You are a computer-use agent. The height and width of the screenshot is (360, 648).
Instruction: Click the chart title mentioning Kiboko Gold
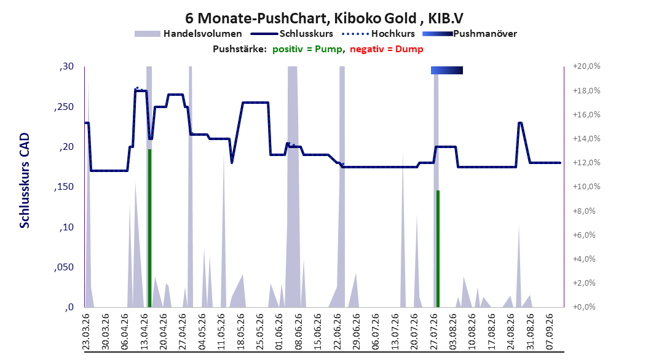tap(324, 18)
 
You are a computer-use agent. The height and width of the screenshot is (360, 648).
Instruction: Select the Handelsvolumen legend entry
tap(188, 34)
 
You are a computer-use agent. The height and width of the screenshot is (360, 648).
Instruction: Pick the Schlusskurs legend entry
tap(292, 34)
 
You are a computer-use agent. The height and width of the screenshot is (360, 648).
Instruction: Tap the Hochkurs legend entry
tap(378, 34)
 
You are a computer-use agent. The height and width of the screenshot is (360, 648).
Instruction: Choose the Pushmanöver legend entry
tap(470, 34)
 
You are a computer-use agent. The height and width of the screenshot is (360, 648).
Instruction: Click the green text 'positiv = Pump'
tap(307, 49)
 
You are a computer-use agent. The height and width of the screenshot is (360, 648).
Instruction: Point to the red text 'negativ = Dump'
tap(387, 49)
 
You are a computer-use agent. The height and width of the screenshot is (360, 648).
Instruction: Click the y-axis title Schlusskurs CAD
tap(25, 181)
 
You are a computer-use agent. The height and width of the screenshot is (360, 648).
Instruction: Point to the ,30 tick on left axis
tap(66, 66)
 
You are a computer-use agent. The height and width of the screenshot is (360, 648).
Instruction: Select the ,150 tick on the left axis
tap(64, 187)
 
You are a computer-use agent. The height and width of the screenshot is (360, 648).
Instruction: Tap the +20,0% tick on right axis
tap(587, 66)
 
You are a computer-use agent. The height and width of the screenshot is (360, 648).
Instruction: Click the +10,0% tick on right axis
tap(587, 187)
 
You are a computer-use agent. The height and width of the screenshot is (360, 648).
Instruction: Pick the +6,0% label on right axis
tap(584, 235)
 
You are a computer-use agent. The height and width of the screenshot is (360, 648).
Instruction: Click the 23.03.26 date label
tap(86, 332)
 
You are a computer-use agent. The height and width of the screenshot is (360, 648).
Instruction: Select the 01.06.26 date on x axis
tap(279, 332)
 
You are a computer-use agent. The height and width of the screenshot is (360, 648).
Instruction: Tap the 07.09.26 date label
tap(550, 332)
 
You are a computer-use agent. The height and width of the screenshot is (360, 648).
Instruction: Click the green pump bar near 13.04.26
tap(149, 229)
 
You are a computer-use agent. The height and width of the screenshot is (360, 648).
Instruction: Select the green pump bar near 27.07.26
tap(438, 249)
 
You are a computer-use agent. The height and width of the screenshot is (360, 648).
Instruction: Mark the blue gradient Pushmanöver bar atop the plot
tap(447, 70)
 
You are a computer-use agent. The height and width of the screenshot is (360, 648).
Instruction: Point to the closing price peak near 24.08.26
tap(520, 123)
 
